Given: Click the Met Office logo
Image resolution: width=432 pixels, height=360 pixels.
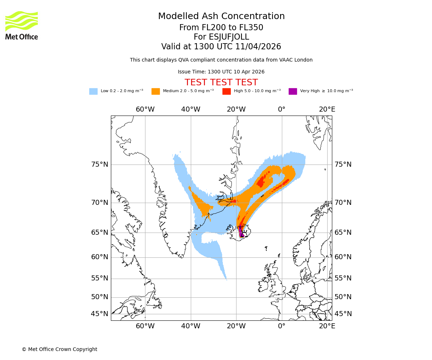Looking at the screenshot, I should tap(22, 25).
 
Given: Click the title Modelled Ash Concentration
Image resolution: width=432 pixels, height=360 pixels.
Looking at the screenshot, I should tap(221, 16).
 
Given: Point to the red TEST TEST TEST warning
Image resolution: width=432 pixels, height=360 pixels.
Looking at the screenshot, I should tap(221, 82).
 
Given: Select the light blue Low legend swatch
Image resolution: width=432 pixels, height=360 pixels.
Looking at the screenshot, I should tap(93, 91).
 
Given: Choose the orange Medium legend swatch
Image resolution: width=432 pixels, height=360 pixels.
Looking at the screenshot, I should tap(156, 91).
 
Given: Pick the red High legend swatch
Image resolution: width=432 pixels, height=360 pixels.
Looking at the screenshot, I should tap(226, 91).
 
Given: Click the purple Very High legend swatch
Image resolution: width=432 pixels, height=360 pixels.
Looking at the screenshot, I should tap(293, 91).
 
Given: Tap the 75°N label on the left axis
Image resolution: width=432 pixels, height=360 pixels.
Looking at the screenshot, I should tap(99, 165).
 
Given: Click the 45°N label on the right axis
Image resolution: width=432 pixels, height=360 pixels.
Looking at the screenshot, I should tap(343, 314).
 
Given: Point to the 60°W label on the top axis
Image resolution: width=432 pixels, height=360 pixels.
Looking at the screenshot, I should tap(145, 109).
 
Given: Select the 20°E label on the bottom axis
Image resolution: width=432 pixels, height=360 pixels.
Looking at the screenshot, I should tap(327, 326).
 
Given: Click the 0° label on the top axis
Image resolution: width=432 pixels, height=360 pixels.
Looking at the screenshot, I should tap(282, 109).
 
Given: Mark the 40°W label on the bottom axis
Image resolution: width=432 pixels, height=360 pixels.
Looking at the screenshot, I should tap(190, 326).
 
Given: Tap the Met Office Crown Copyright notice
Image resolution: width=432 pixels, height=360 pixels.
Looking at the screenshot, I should tap(59, 349).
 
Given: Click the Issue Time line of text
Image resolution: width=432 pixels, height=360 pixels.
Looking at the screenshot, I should tap(221, 72).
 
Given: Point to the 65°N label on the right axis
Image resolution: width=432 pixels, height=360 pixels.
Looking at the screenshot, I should tap(343, 233).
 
